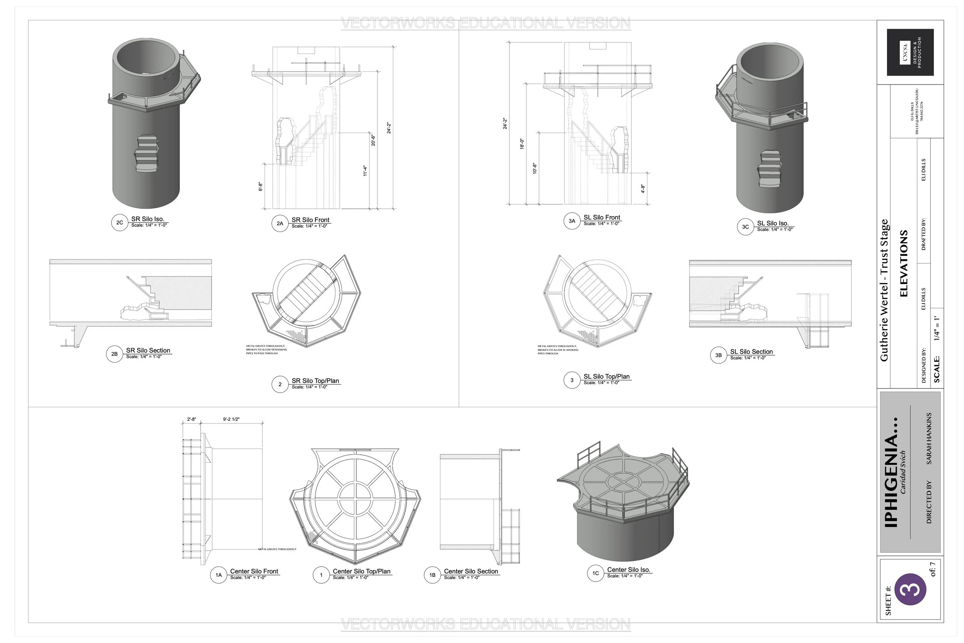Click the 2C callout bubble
(120, 223)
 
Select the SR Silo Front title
(310, 220)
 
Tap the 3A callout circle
(572, 221)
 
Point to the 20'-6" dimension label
(373, 140)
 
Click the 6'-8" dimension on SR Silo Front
(260, 187)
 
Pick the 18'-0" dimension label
(522, 144)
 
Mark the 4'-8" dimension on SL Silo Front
(643, 189)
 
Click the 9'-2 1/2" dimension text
(231, 420)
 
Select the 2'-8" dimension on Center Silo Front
(191, 420)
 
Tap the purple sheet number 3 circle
(910, 589)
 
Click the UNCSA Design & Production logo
(910, 52)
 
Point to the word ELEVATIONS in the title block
(904, 263)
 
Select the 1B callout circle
(432, 575)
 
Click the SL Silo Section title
(751, 352)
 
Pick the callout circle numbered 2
(280, 384)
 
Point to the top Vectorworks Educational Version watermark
(486, 23)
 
